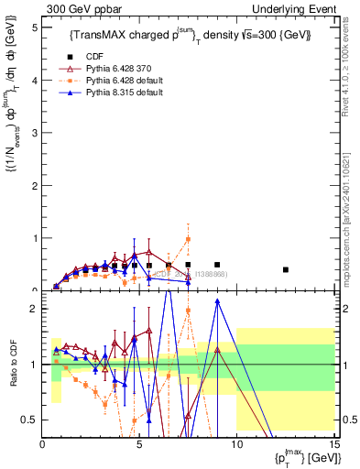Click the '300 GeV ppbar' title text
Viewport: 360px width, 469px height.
(x=80, y=8)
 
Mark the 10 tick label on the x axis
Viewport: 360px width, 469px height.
(x=236, y=444)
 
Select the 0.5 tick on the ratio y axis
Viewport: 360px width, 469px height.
(x=32, y=420)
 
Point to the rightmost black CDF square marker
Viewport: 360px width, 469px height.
(x=286, y=269)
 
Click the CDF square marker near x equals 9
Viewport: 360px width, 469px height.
(x=217, y=265)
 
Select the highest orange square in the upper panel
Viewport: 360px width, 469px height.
(x=188, y=240)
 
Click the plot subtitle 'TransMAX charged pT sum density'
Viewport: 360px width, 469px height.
(x=190, y=35)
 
